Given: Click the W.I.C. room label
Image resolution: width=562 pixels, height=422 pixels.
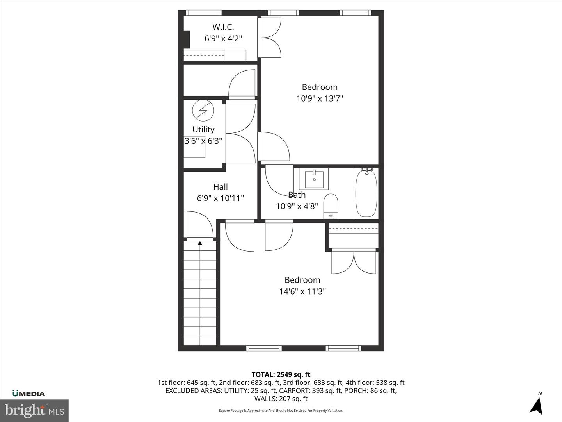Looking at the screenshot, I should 223,27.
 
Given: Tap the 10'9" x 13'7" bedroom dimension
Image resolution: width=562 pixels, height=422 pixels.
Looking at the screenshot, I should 319,98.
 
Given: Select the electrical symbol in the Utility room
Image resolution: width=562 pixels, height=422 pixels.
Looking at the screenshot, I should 203,111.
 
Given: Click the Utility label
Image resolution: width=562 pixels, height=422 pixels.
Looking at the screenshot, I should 203,129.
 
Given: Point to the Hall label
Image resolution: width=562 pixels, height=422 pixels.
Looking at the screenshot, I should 220,187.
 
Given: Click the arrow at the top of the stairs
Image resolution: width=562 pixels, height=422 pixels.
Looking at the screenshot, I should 200,243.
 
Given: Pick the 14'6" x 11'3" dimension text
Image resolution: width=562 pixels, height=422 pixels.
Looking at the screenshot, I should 302,291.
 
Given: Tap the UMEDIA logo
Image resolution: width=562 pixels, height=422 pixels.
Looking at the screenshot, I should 28,393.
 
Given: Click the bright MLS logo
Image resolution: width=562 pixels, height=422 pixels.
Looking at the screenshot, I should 34,410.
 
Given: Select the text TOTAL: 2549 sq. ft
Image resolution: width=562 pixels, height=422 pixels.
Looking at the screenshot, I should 281,375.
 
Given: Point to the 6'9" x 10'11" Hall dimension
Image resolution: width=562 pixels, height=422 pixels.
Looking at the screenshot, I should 220,198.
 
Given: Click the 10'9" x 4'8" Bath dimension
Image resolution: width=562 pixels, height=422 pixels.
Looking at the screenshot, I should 297,206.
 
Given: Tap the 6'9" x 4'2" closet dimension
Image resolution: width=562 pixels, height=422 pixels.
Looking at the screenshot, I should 223,38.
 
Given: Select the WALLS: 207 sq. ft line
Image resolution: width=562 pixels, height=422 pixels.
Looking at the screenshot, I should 281,399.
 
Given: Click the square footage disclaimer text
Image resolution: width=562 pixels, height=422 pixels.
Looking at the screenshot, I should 281,411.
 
